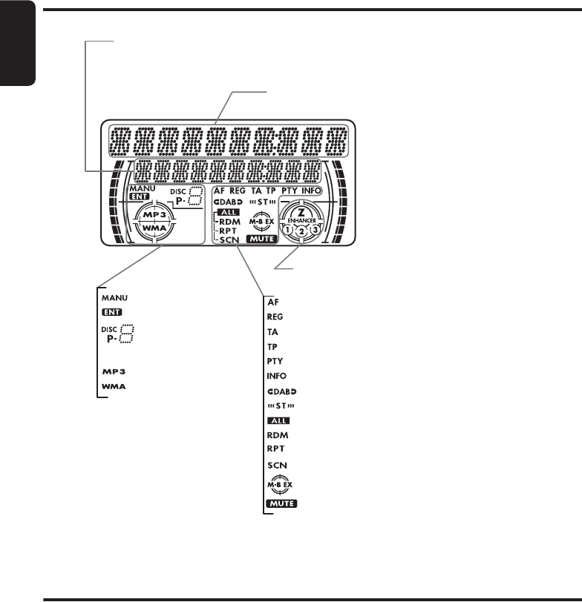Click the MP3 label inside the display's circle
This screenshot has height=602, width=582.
coord(158,213)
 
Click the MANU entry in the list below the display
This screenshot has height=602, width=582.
coord(115,297)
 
